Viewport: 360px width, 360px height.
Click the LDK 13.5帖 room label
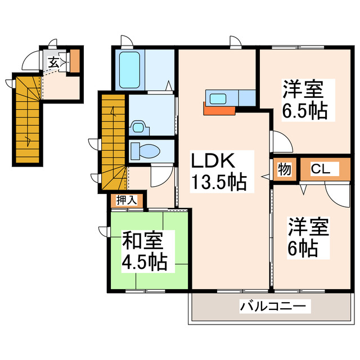(219, 172)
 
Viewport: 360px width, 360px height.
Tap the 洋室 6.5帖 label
(304, 100)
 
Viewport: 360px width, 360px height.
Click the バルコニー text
(274, 307)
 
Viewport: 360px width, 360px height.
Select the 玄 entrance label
(52, 62)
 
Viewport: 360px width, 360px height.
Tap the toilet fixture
(145, 150)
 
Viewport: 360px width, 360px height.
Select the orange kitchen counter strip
(219, 109)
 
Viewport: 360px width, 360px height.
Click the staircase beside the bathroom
(112, 141)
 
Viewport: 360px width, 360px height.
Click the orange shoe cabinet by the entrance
(75, 61)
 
